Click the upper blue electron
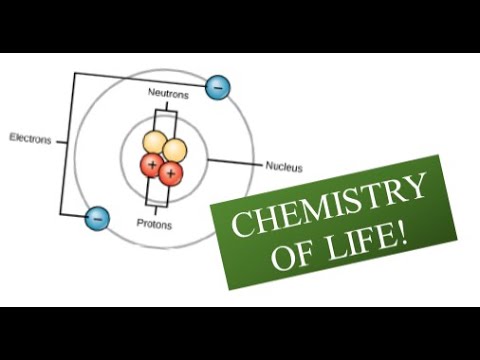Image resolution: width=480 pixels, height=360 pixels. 217,88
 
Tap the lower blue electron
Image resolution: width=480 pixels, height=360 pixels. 97,217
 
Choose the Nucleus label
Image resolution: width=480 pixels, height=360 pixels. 284,167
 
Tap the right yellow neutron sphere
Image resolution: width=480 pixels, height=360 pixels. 174,151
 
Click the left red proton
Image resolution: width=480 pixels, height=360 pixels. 151,164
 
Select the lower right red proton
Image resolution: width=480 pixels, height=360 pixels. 171,175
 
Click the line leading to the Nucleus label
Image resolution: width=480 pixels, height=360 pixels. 235,162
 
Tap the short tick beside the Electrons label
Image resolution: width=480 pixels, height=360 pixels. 62,141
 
